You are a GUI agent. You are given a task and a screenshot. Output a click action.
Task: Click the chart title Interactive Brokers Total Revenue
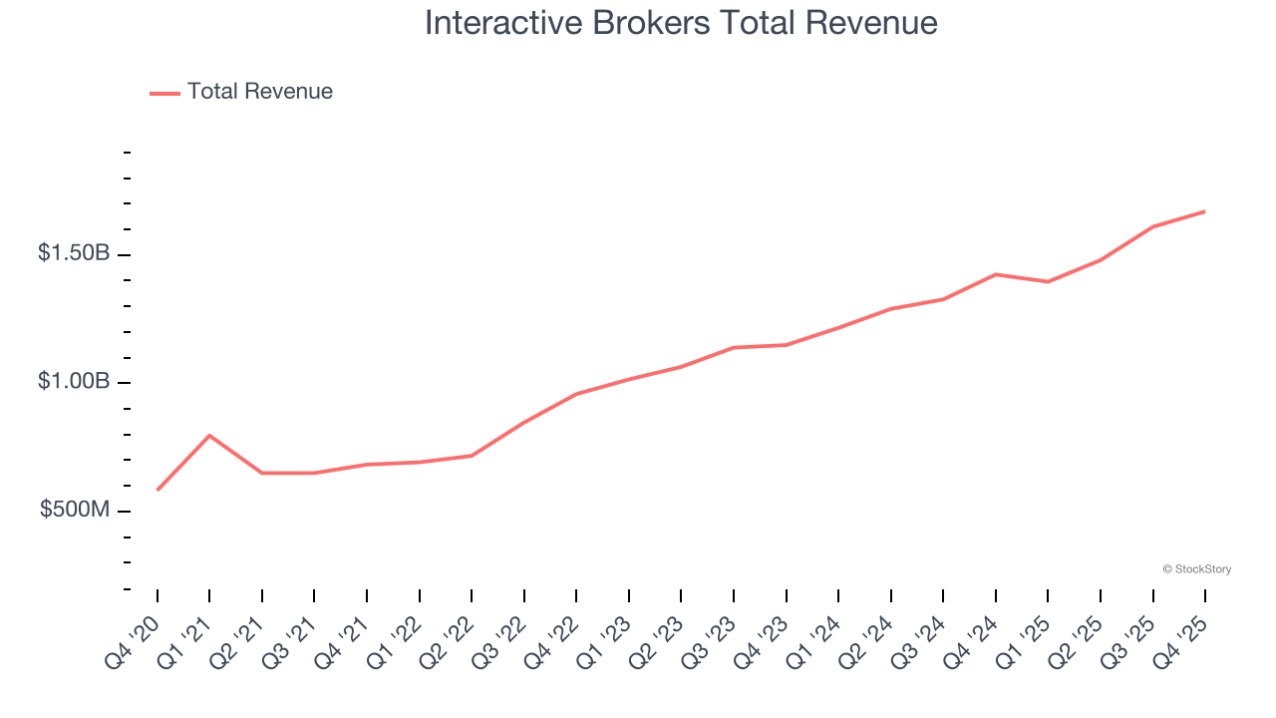681,22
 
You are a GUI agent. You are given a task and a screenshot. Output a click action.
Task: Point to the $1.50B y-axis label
74,253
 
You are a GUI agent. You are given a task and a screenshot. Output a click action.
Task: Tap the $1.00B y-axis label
74,382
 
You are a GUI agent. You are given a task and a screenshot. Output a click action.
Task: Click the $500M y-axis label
75,510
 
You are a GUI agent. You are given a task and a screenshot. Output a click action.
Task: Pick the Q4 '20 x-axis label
133,641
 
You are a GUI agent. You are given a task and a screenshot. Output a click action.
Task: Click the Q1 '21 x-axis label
185,641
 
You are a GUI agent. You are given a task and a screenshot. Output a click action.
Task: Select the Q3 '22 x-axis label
500,641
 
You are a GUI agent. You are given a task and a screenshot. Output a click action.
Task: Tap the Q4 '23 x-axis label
763,641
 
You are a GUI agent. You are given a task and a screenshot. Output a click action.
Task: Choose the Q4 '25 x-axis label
1182,641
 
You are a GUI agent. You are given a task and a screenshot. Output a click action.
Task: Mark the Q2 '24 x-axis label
867,641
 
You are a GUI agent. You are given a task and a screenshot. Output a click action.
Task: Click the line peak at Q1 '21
209,436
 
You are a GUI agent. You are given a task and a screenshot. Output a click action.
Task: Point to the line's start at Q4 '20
158,490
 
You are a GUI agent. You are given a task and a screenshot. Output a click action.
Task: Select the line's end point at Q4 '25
1205,211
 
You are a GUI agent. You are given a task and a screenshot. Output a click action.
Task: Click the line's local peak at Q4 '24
996,274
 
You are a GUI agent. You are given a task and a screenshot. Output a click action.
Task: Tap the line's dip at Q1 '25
1048,281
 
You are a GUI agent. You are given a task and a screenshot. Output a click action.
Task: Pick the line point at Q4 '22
576,394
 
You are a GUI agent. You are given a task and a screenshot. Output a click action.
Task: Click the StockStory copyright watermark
1196,569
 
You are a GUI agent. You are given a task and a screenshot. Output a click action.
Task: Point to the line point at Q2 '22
472,456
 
